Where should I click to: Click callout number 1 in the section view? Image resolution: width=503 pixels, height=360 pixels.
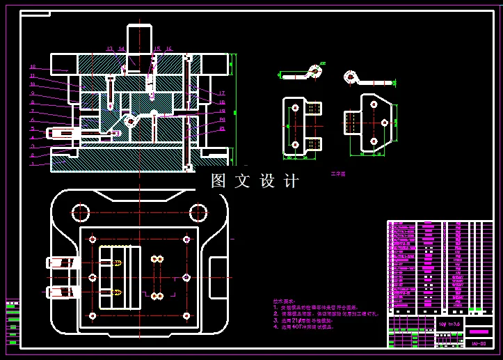point(32,164)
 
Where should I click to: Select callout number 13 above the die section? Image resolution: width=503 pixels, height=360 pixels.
point(109,49)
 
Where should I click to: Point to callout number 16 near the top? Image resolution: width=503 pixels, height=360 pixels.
point(168,49)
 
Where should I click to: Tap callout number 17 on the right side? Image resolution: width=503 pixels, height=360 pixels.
point(222,93)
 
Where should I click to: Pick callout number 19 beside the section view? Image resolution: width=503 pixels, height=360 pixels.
point(222,111)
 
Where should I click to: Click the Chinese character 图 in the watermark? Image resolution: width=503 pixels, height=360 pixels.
point(218,181)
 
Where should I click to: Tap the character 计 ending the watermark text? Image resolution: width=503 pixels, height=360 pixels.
point(291,181)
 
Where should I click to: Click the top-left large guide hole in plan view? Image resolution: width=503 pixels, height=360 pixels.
point(81,212)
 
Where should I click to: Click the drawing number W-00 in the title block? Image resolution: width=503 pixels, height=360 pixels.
point(479,343)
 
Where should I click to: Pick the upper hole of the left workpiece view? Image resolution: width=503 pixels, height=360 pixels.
point(296,108)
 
